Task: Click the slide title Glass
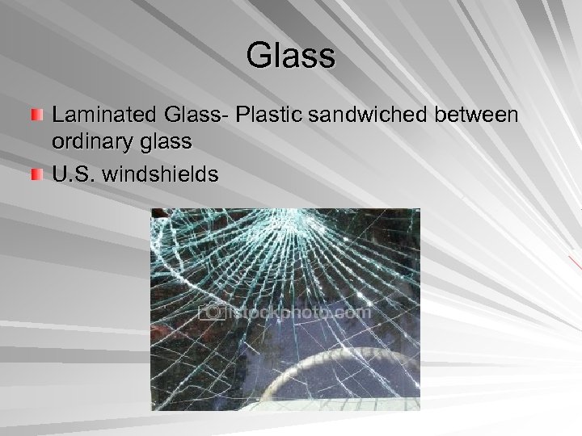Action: pyautogui.click(x=290, y=57)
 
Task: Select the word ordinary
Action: pyautogui.click(x=95, y=143)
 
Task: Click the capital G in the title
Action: pyautogui.click(x=259, y=57)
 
